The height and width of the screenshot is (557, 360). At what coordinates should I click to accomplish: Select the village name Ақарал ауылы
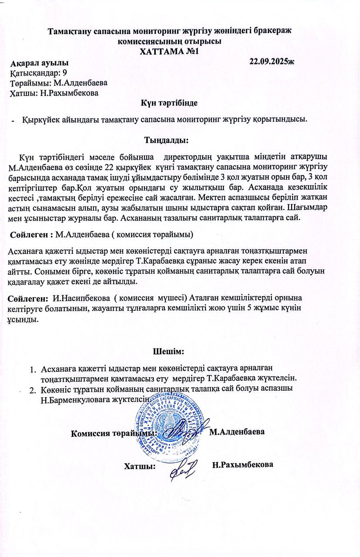39,64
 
